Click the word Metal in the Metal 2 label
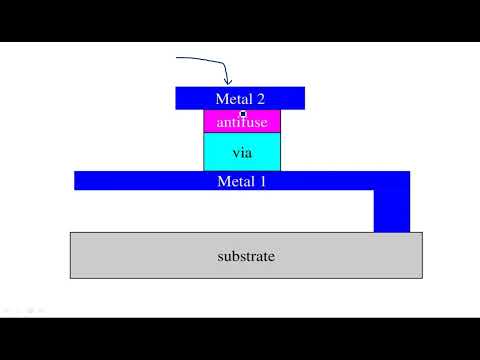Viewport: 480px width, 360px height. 234,98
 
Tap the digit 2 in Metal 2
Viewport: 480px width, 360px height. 261,98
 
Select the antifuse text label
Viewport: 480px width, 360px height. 242,122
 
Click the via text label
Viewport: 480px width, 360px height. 242,153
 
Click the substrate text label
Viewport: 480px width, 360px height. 246,256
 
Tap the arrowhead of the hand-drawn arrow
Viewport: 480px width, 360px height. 229,83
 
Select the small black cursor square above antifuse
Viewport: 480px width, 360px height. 243,114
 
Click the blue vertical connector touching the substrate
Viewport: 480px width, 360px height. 391,211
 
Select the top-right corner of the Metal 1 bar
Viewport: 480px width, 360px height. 409,172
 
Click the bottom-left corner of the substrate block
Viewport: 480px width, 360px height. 71,277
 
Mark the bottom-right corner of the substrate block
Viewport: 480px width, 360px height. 421,277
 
